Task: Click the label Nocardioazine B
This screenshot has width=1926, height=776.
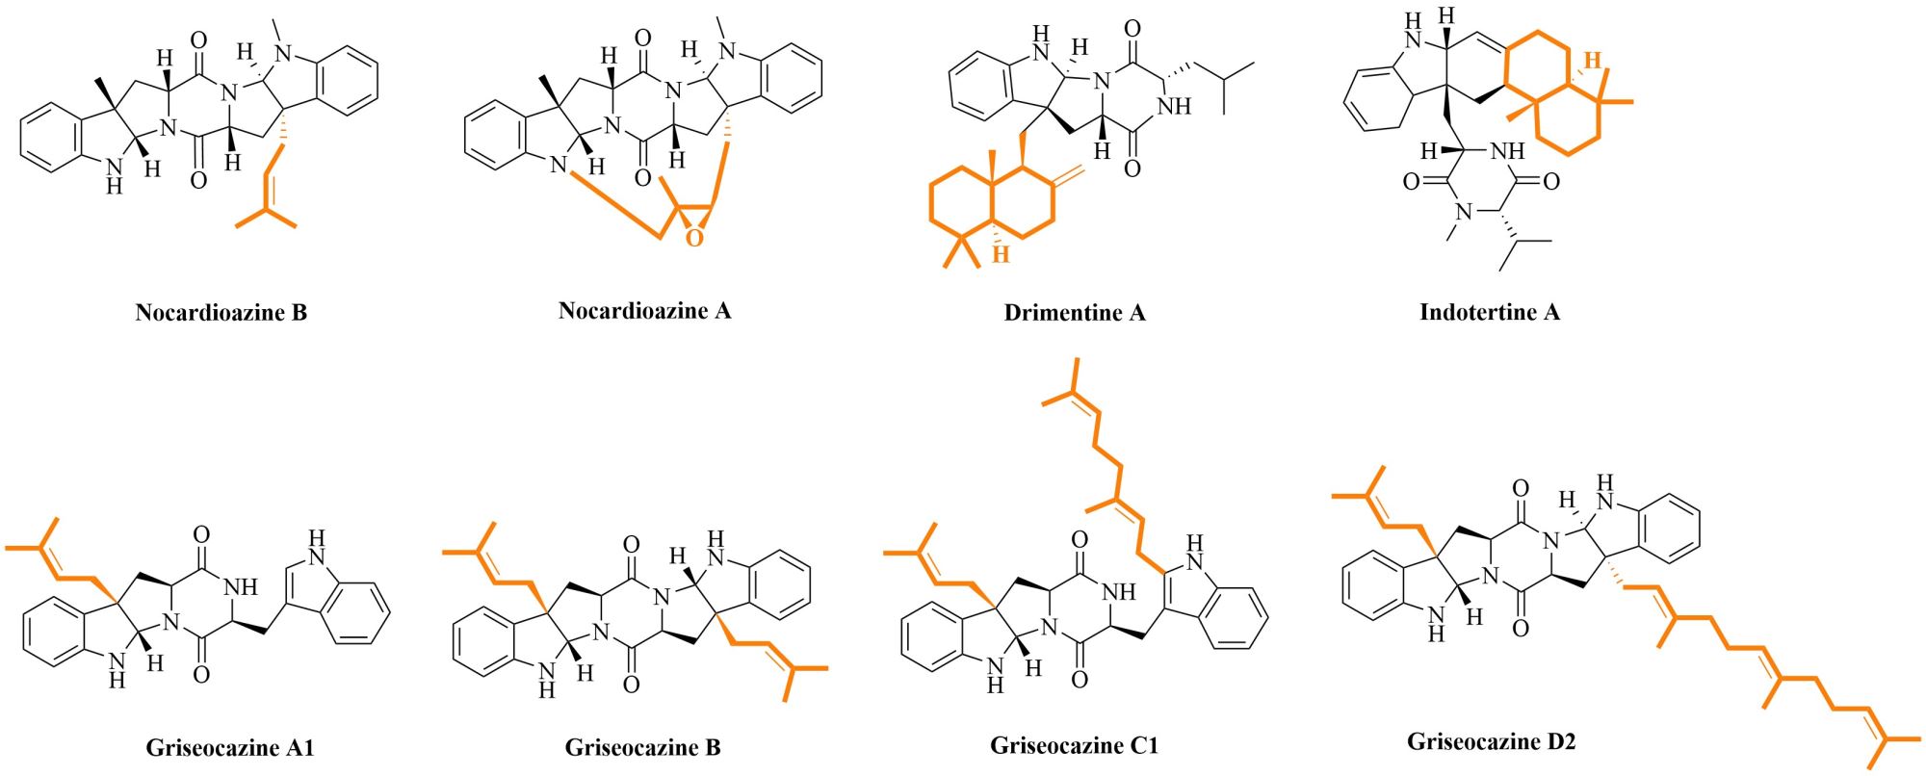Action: (x=221, y=312)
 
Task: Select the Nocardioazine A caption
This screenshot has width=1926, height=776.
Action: (x=644, y=310)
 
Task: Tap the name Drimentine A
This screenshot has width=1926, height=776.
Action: (x=1074, y=312)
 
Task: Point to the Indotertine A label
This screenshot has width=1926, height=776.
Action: (x=1489, y=312)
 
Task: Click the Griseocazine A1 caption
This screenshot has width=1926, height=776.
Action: (x=230, y=747)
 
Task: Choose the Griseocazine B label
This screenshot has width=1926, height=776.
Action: (x=642, y=747)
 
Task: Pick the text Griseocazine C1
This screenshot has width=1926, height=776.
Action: (x=1074, y=745)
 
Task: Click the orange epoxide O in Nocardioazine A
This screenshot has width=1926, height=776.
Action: (x=695, y=237)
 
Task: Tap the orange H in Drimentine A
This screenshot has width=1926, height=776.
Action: (x=1002, y=254)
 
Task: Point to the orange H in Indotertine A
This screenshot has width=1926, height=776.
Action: (x=1594, y=60)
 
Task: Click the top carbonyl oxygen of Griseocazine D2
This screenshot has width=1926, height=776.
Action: (x=1520, y=489)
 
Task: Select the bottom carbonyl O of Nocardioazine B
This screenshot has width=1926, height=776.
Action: (x=199, y=180)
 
